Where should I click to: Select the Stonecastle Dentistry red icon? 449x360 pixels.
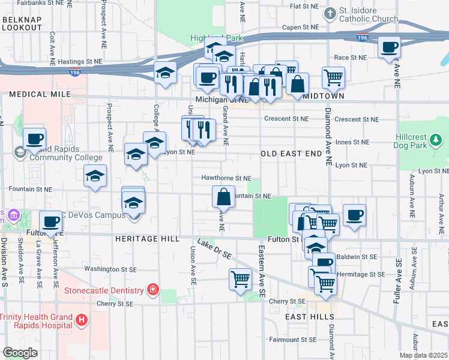click(x=153, y=290)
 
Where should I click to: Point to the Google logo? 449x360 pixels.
click(x=20, y=353)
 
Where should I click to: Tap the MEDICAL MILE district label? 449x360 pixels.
click(x=40, y=94)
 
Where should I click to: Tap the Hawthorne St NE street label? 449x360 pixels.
click(x=226, y=178)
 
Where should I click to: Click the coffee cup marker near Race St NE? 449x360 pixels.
click(x=390, y=47)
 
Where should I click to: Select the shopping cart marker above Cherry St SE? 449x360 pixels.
click(x=240, y=279)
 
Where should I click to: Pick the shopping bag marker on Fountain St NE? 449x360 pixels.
click(x=223, y=197)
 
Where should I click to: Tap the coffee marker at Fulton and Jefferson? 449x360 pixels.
click(x=52, y=222)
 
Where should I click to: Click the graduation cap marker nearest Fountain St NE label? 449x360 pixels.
click(x=95, y=176)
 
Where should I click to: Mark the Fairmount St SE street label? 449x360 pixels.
click(x=292, y=340)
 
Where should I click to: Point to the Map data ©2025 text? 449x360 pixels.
click(x=424, y=355)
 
